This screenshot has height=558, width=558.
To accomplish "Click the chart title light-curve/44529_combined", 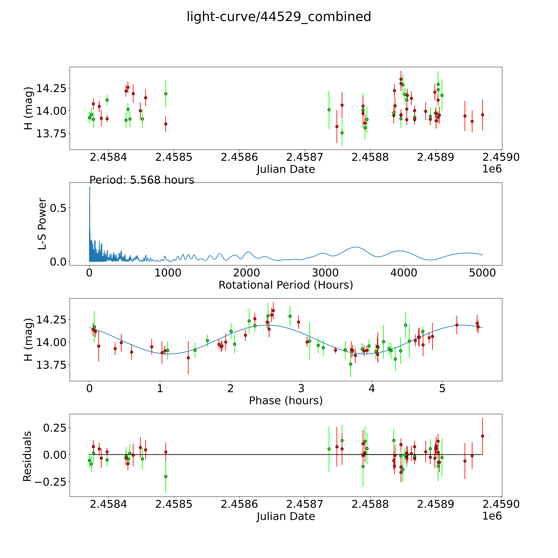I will pyautogui.click(x=279, y=17).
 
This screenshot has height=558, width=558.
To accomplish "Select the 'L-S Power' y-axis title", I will pyautogui.click(x=42, y=224).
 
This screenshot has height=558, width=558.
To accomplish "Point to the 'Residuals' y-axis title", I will pyautogui.click(x=27, y=456).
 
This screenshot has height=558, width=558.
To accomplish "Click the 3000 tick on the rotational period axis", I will pyautogui.click(x=325, y=273).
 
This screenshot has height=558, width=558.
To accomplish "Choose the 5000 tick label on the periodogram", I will pyautogui.click(x=482, y=273).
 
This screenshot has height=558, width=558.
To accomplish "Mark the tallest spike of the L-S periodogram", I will pyautogui.click(x=89, y=187).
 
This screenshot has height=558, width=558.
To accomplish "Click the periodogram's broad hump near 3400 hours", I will pyautogui.click(x=356, y=247).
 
